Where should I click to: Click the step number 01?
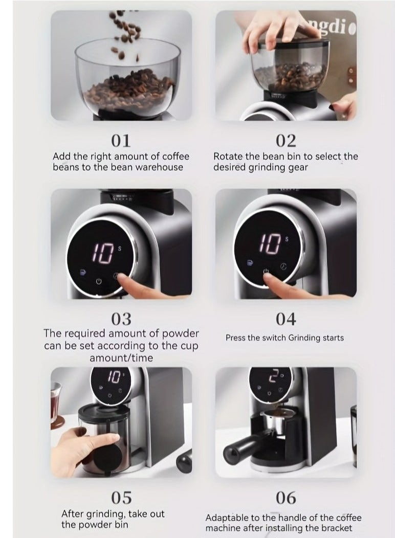[x=121, y=141]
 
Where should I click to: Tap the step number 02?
[x=286, y=141]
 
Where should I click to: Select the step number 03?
[x=121, y=319]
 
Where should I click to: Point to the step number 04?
[x=286, y=319]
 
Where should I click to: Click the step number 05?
[x=121, y=497]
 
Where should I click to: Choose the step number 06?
[x=286, y=497]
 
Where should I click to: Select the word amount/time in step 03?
[x=121, y=358]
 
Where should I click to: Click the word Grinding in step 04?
[x=304, y=338]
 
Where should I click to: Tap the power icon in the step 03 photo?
[x=98, y=282]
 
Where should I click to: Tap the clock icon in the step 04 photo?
[x=283, y=266]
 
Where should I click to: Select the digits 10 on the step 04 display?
[x=270, y=244]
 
